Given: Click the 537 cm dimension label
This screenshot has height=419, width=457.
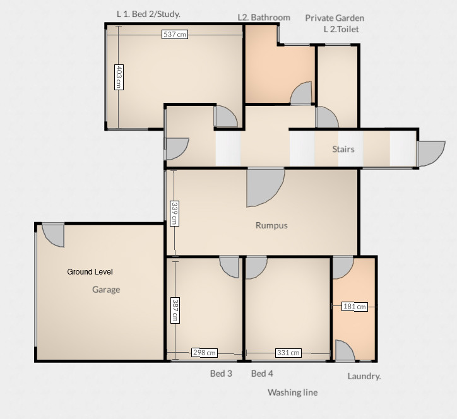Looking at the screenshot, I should [x=175, y=35].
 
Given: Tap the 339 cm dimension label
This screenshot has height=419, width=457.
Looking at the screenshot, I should [x=174, y=213].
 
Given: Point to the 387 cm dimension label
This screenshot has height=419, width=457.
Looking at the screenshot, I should [x=174, y=310].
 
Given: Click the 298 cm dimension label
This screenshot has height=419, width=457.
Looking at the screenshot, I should [x=205, y=353].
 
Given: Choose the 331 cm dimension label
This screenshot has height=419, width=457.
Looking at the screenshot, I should [x=288, y=353].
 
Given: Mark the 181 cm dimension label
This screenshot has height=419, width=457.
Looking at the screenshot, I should [x=354, y=307].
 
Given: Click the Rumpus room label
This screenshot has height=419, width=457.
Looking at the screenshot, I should [x=271, y=225].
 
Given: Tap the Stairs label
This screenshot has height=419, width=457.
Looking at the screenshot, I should [x=343, y=150].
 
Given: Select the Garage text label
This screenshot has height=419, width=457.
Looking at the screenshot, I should [x=106, y=290].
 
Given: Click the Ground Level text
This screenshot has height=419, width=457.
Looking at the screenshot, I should [x=90, y=272].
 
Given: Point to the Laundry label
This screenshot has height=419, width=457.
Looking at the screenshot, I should [x=364, y=376].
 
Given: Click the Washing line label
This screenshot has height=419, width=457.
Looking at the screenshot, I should [x=292, y=392].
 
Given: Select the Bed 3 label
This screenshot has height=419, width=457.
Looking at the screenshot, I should [x=221, y=374].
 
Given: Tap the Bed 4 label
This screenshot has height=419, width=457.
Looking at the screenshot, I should [x=262, y=374].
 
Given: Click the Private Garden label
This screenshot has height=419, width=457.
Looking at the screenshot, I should [x=335, y=18].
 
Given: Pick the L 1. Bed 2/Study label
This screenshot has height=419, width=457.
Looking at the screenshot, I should [x=153, y=14].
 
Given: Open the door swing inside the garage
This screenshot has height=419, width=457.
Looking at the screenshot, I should [x=52, y=235].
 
